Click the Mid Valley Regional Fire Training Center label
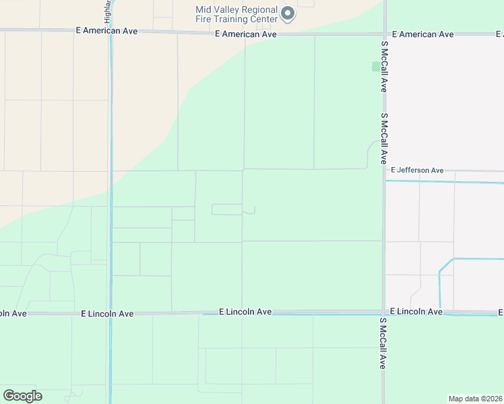[x=236, y=14]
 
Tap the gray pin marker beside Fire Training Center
[x=288, y=13]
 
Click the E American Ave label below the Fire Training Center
[x=246, y=34]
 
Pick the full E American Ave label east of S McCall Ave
[x=422, y=34]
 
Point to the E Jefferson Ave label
[x=417, y=170]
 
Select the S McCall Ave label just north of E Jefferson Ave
[x=383, y=139]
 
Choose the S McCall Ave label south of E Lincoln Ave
[x=382, y=343]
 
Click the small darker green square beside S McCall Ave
[x=375, y=67]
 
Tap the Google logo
[x=22, y=396]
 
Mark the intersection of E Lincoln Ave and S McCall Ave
[x=384, y=313]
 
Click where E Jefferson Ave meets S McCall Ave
[x=385, y=170]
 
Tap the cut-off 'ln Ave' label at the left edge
[x=12, y=313]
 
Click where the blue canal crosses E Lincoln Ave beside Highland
[x=110, y=313]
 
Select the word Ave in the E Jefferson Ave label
[x=437, y=170]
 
